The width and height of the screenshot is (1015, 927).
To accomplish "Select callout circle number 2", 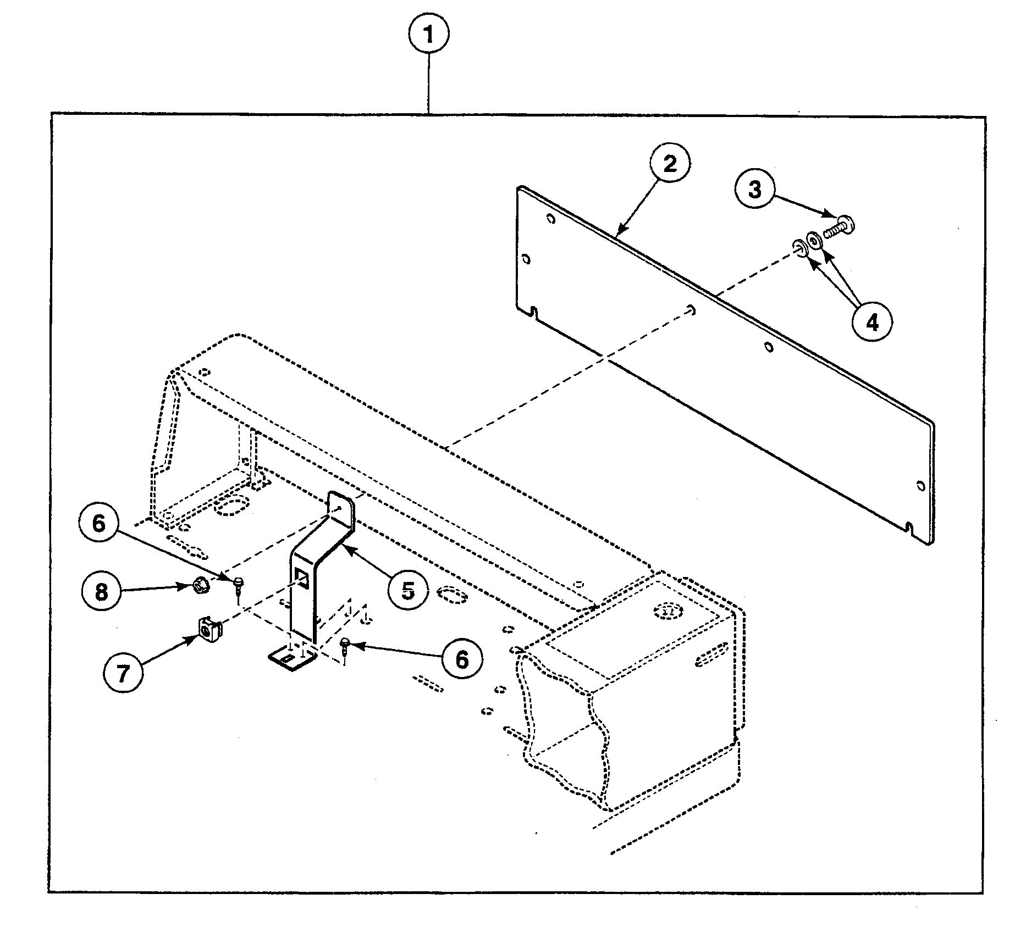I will click(670, 164).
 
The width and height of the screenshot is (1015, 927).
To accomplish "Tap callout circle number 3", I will click(755, 189).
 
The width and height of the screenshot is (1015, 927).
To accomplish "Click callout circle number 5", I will click(407, 591).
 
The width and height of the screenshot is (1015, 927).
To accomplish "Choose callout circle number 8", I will click(102, 592).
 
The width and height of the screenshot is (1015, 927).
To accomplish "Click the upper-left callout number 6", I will click(98, 523).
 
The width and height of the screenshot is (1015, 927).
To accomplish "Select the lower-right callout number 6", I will click(461, 659).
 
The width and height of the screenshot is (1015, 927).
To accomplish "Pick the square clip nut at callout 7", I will click(208, 629).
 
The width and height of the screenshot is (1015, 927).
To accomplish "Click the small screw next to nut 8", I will click(239, 582).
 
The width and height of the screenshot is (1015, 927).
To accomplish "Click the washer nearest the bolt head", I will click(814, 240).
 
